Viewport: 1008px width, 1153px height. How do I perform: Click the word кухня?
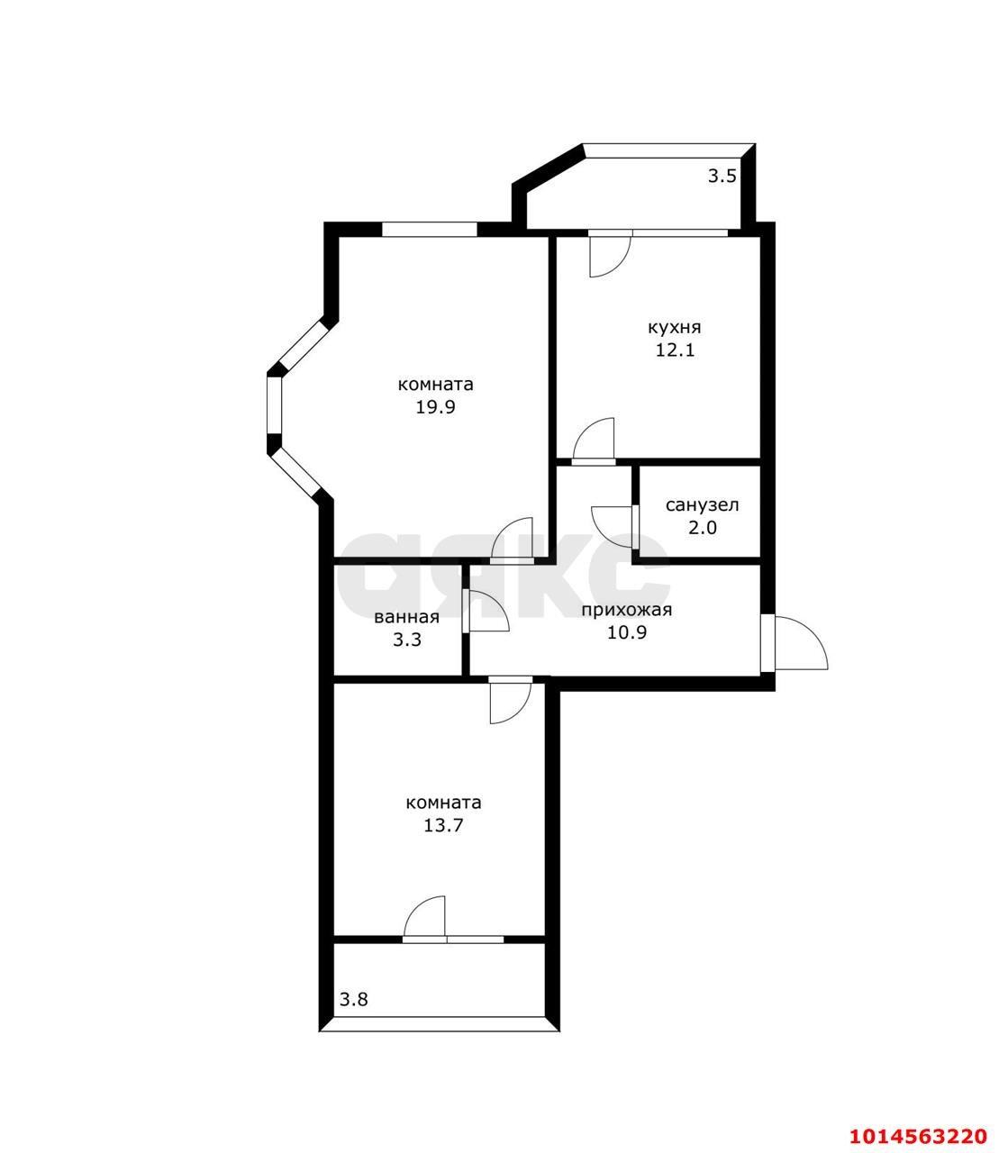[x=675, y=327]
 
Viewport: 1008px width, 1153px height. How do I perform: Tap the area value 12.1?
[x=675, y=350]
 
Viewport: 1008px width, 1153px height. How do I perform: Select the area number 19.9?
[x=436, y=407]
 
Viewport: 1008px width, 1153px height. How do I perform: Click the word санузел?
[x=702, y=505]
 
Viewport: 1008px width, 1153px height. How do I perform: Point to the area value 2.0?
[x=703, y=528]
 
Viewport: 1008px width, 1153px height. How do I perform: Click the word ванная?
[x=407, y=617]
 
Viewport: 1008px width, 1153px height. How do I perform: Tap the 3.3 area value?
[x=407, y=640]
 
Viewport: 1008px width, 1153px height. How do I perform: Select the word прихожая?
[x=627, y=610]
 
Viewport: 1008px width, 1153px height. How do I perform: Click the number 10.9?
[x=627, y=632]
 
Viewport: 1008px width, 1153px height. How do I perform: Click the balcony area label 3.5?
[x=722, y=177]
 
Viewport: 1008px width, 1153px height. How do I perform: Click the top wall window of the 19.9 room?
[x=430, y=230]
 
